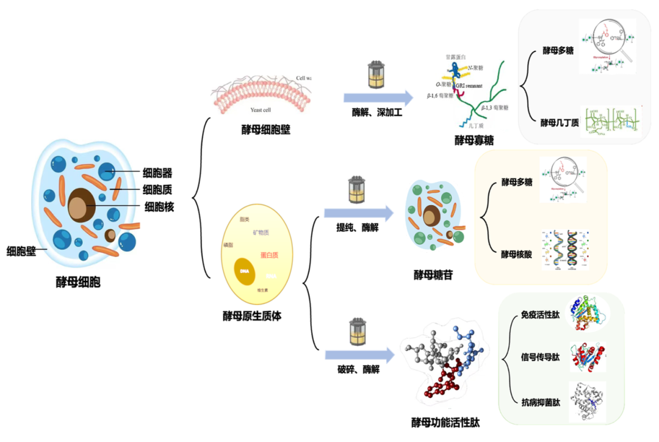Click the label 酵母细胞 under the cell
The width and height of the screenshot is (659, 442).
pyautogui.click(x=78, y=283)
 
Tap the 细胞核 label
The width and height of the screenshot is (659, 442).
pyautogui.click(x=159, y=207)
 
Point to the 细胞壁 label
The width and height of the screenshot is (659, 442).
pyautogui.click(x=21, y=250)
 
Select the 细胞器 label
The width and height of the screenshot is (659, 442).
pyautogui.click(x=157, y=173)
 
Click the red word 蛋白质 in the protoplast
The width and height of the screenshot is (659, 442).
pyautogui.click(x=269, y=255)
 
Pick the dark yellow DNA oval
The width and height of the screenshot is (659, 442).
pyautogui.click(x=244, y=270)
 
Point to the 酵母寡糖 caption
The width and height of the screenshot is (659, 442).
pyautogui.click(x=474, y=140)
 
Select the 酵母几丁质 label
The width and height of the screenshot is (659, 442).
pyautogui.click(x=560, y=122)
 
